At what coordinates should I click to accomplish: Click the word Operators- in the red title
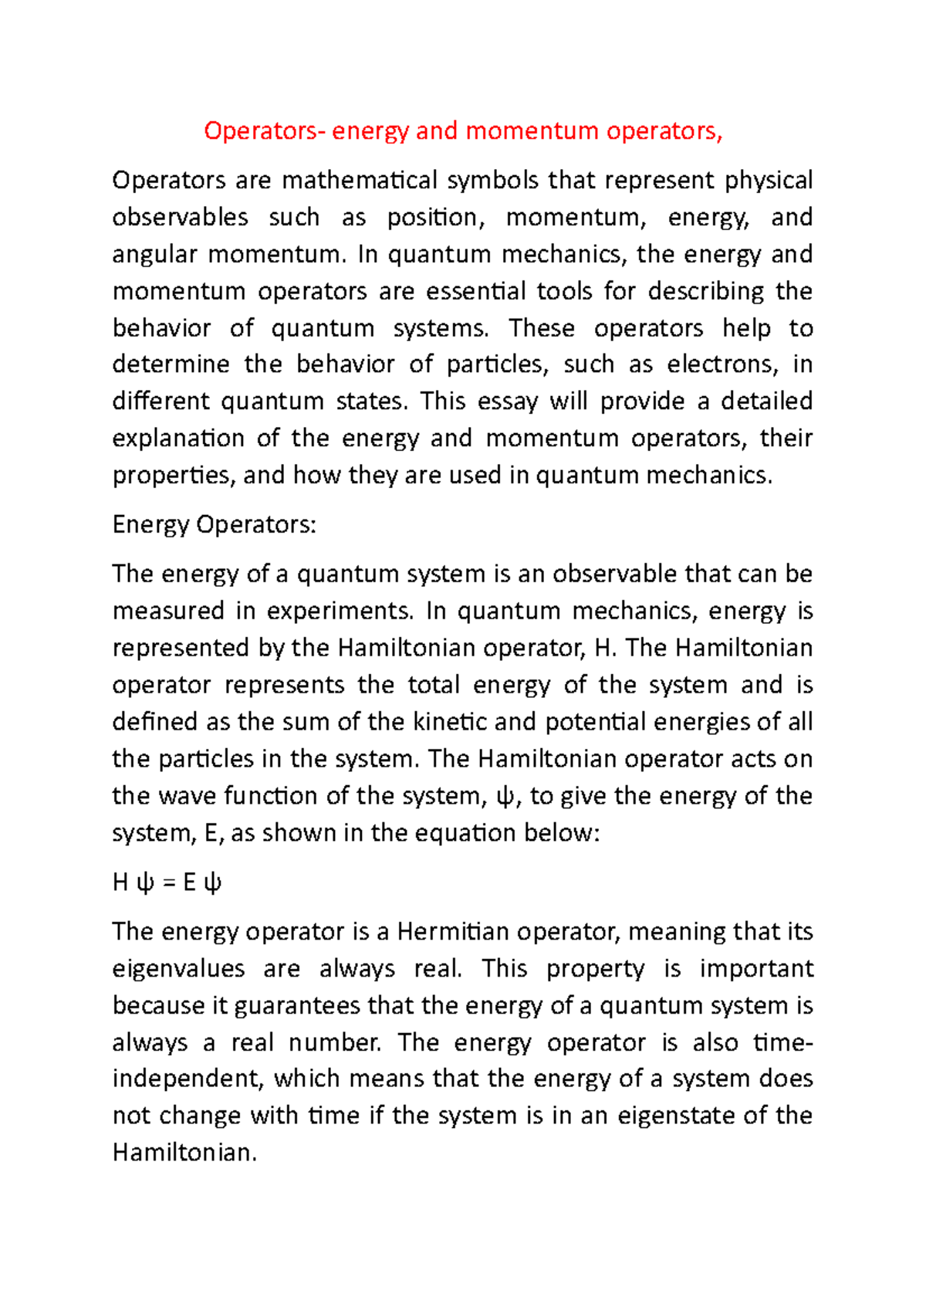point(263,131)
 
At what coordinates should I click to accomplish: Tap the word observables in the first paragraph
point(180,218)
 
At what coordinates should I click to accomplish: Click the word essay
point(507,401)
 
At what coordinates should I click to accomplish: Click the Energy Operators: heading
point(214,525)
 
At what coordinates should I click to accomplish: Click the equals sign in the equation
point(170,882)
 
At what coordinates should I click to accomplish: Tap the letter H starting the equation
point(120,882)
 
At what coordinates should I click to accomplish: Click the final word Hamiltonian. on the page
point(184,1153)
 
